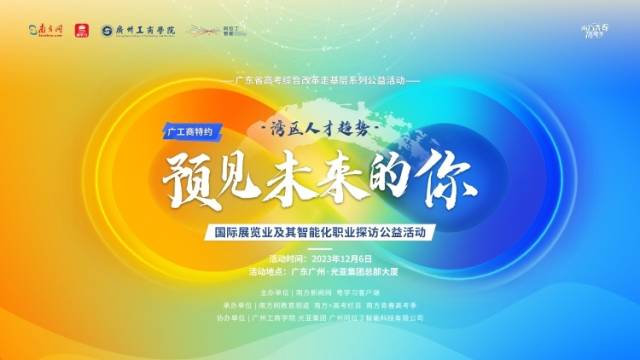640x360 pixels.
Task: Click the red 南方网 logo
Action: click(35, 32)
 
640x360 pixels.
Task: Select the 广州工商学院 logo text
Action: click(140, 32)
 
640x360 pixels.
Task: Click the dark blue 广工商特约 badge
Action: click(188, 130)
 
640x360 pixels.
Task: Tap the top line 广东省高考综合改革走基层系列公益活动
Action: click(320, 79)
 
